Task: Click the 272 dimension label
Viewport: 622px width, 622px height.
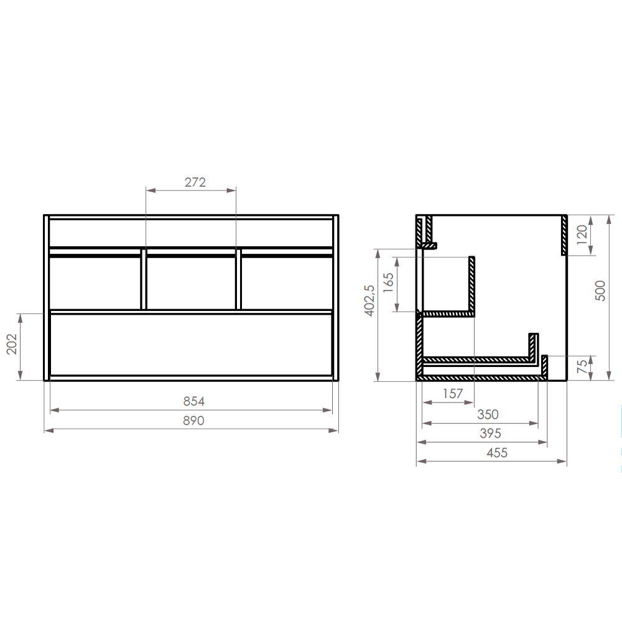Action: click(x=195, y=182)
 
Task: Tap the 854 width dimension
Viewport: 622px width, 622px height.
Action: click(x=194, y=402)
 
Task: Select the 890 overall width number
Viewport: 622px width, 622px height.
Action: click(x=194, y=420)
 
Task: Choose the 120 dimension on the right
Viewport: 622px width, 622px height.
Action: click(x=582, y=235)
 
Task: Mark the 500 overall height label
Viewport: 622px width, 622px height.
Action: click(x=600, y=290)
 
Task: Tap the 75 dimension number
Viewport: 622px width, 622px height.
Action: click(x=582, y=368)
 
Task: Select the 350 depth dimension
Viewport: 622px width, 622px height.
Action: click(x=488, y=414)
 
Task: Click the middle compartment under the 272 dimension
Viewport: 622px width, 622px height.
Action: click(x=191, y=281)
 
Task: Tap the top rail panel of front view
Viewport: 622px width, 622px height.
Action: click(x=191, y=231)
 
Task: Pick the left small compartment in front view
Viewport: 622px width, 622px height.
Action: click(x=95, y=281)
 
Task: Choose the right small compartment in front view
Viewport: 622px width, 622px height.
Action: click(x=286, y=281)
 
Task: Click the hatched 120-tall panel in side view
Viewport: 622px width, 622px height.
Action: click(x=564, y=235)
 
